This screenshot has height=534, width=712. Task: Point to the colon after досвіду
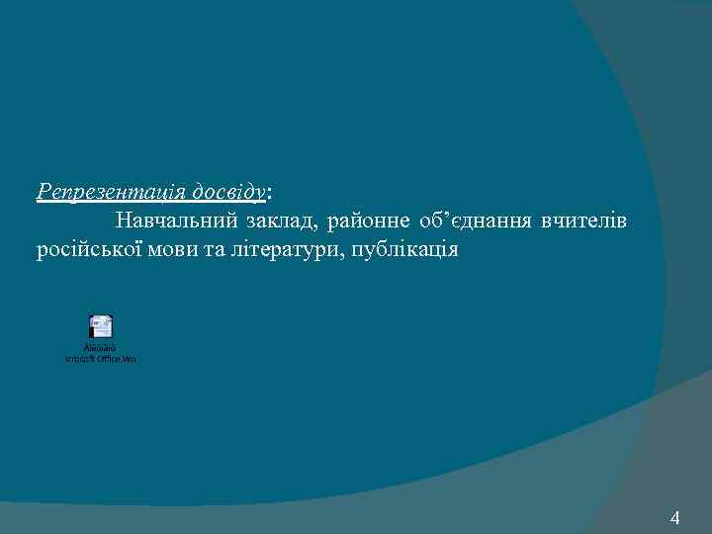coord(271,191)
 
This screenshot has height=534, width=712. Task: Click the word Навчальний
coord(175,219)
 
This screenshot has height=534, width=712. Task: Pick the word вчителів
coord(584,219)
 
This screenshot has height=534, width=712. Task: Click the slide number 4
coord(675,517)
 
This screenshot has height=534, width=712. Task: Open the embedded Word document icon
coord(101,327)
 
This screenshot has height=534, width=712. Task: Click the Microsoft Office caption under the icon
coord(101,358)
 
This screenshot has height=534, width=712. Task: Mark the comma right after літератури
coord(345,254)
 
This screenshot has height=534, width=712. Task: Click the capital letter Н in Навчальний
coord(123,219)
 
